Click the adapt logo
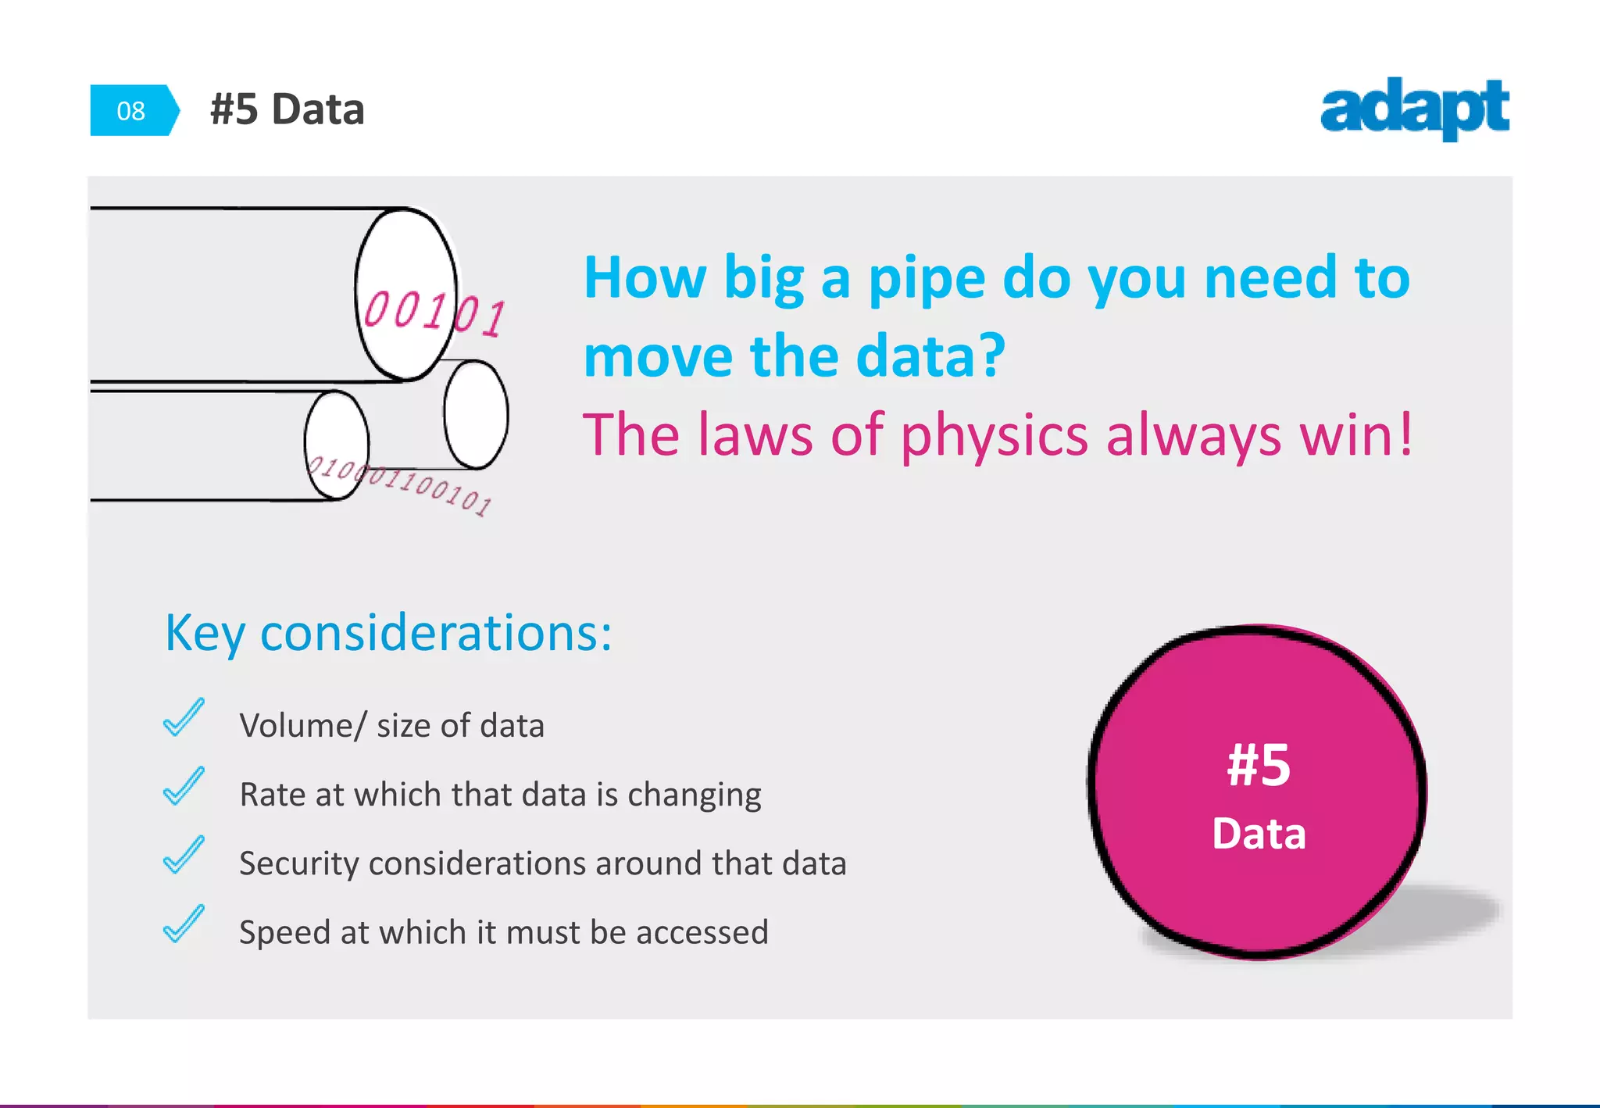tap(1414, 109)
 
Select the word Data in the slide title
tap(317, 109)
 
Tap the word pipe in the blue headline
tap(927, 279)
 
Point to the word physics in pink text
tap(994, 436)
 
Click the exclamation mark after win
tap(1406, 434)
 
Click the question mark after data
tap(991, 356)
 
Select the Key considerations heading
tap(388, 632)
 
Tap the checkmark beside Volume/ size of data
tap(184, 717)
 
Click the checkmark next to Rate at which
tap(184, 786)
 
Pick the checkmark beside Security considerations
tap(184, 855)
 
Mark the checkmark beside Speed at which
tap(184, 924)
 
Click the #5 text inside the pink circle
tap(1258, 766)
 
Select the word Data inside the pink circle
tap(1259, 834)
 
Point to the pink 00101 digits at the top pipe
tap(434, 313)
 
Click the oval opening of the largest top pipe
tap(405, 294)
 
